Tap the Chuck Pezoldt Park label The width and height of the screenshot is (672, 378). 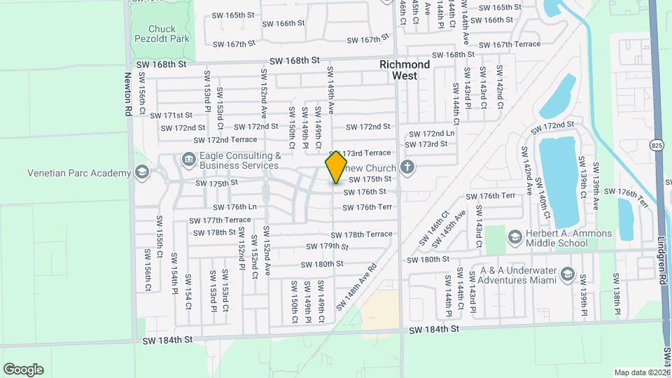pos(169,34)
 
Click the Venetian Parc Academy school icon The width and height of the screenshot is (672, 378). pos(142,173)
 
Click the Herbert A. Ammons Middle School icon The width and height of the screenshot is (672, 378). pos(515,238)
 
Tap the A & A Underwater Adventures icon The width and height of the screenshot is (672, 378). pos(566,274)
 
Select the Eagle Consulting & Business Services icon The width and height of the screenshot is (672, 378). pos(188,160)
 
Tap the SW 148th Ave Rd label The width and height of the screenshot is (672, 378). pos(356,287)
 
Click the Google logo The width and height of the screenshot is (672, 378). pos(23,370)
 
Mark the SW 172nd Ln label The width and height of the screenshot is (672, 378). pos(431,133)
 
